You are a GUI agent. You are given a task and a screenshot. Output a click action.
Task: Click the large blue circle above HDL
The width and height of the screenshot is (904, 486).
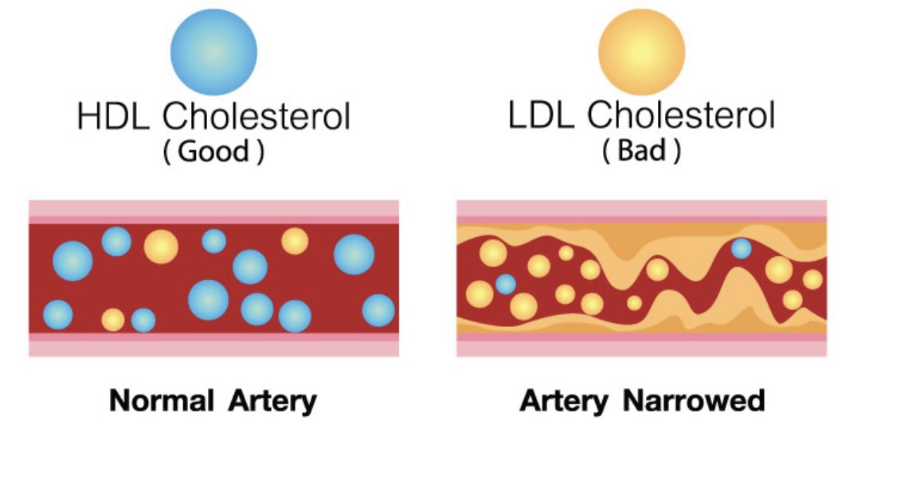click(x=213, y=51)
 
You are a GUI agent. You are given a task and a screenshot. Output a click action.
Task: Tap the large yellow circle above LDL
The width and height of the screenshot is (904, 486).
click(x=641, y=51)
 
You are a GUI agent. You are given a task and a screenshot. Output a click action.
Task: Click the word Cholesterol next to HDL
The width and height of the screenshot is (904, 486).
click(x=256, y=118)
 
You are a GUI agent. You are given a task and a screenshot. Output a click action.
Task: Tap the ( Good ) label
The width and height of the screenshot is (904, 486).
click(x=213, y=152)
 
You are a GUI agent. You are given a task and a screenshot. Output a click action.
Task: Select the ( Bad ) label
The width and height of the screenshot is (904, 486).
click(x=641, y=152)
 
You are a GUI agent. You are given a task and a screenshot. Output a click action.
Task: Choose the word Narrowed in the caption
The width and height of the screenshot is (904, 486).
click(x=694, y=400)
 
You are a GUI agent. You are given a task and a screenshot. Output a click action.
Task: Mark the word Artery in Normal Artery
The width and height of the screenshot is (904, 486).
click(x=272, y=400)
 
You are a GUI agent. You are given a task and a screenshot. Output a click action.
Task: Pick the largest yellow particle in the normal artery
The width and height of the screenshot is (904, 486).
click(x=161, y=246)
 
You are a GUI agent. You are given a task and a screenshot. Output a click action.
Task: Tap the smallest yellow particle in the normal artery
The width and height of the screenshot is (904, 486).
click(x=113, y=320)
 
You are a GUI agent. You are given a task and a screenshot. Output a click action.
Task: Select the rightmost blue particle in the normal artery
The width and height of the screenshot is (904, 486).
click(x=378, y=310)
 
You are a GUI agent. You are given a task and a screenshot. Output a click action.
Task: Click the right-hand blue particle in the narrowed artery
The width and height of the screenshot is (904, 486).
click(x=742, y=248)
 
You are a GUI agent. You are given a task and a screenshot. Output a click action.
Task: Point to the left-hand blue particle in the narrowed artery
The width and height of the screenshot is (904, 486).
click(x=505, y=284)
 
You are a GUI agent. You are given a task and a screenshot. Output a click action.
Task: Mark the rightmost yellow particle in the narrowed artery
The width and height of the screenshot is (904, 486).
click(x=812, y=279)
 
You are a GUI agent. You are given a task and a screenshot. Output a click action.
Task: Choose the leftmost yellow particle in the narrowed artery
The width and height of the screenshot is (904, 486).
click(x=479, y=294)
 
